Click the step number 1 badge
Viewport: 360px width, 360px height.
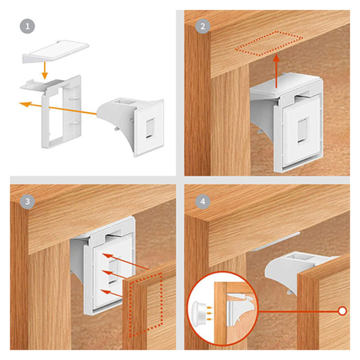[27, 27]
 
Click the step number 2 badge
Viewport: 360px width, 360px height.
[203, 27]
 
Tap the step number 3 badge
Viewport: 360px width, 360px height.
[27, 202]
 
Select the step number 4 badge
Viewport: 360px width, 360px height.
[203, 202]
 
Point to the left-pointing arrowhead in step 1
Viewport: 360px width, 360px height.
[25, 104]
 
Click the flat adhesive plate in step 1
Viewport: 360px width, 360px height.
[56, 51]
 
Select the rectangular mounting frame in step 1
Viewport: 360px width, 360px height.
[61, 112]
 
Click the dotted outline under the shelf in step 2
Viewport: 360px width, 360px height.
[269, 44]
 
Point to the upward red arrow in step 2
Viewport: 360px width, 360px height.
[277, 71]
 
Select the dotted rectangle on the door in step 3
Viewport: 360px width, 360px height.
[146, 305]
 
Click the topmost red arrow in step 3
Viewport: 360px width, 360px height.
[126, 261]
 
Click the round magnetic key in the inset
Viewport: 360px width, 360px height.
[199, 313]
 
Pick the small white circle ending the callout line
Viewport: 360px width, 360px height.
[342, 311]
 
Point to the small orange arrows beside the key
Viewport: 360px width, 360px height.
[210, 313]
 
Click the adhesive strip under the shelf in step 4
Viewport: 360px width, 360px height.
[274, 242]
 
